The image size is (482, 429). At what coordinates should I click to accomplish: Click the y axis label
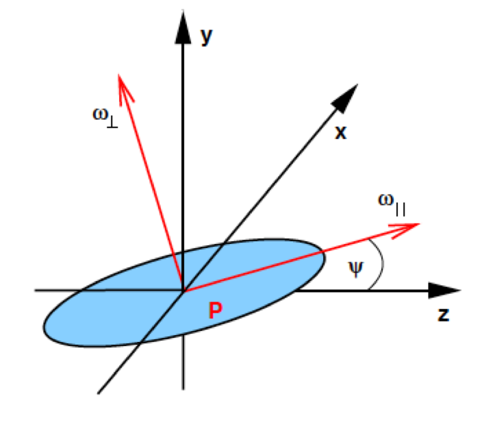pos(205,38)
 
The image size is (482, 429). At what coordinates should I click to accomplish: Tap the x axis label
pos(340,132)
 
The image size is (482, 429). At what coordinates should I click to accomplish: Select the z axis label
pos(443,315)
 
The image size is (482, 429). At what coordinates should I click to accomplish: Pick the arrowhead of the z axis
pos(439,290)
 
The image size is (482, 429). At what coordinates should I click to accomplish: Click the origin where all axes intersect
pos(183,291)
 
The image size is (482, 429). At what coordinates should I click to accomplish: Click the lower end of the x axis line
pos(100,391)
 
